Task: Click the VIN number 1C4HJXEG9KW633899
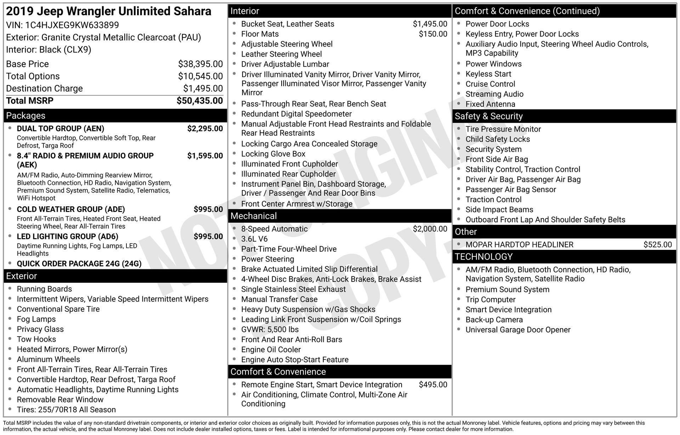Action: point(72,25)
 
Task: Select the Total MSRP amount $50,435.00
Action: point(200,101)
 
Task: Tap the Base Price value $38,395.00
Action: point(200,64)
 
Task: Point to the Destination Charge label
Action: point(44,88)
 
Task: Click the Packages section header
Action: point(26,116)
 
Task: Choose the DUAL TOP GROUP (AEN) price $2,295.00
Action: point(205,128)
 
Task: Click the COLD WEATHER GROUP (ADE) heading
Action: point(71,209)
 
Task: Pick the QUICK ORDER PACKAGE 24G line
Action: point(79,264)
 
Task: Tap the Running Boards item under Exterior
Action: point(44,289)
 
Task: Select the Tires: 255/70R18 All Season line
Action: point(66,410)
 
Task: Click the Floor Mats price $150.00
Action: point(433,34)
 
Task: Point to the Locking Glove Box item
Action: point(273,154)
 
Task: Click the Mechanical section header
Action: point(254,216)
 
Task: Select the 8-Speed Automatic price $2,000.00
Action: point(430,229)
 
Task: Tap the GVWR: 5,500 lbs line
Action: point(270,330)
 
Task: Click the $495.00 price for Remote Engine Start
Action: point(433,385)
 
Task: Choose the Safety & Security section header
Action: point(488,116)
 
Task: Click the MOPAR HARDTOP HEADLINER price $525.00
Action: point(657,245)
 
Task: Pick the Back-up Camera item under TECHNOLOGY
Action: point(494,320)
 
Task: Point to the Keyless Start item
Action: point(488,74)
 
